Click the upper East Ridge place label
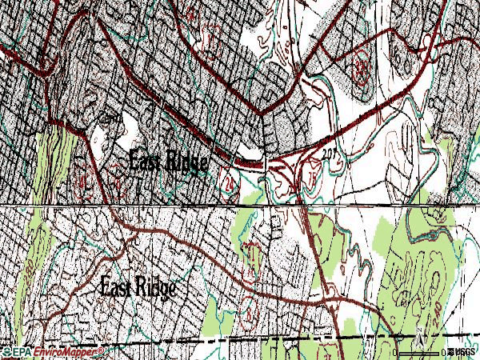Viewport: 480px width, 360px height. (168, 161)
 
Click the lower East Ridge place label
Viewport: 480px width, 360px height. (138, 287)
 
